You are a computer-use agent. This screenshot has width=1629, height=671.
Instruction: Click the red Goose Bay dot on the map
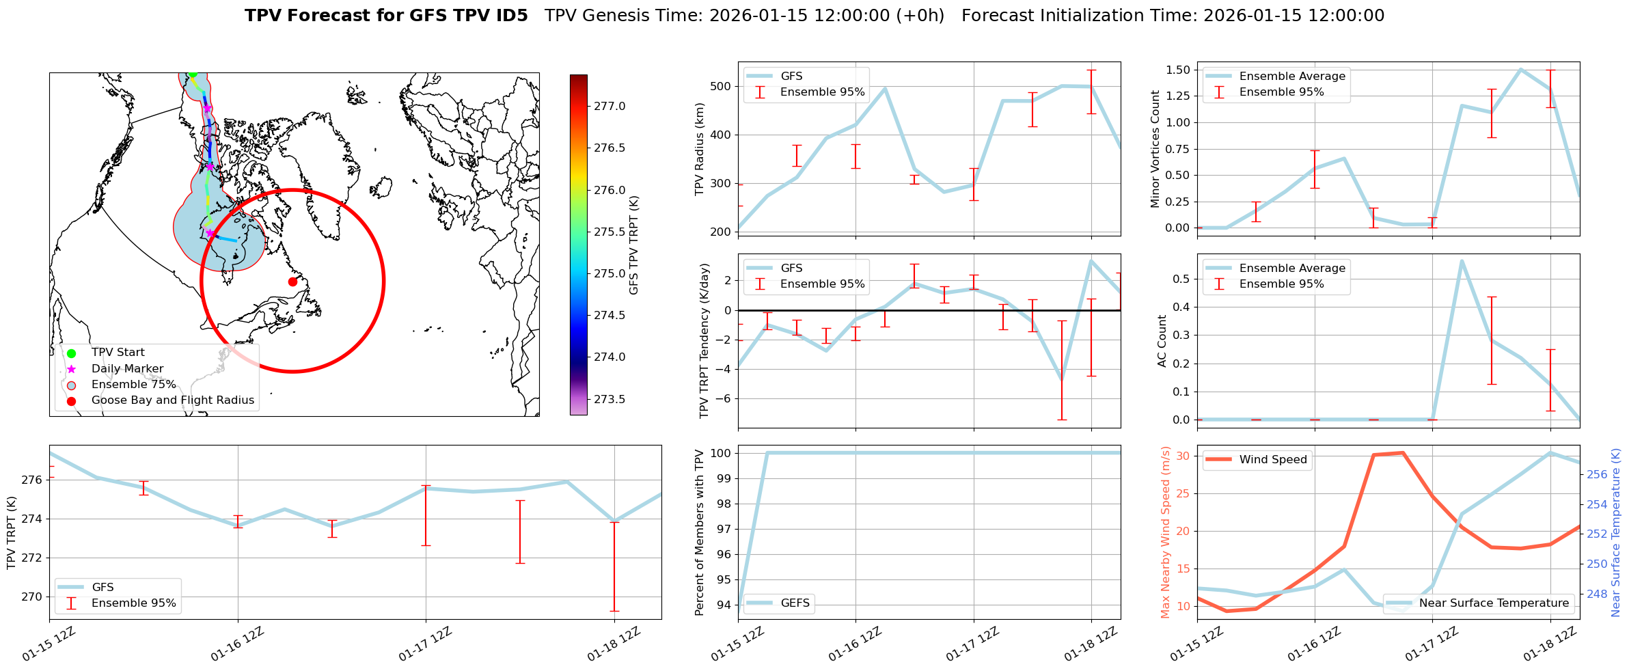pos(292,282)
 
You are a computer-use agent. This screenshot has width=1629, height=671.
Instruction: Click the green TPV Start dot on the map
pos(193,73)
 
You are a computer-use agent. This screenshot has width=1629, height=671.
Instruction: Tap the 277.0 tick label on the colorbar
pos(610,107)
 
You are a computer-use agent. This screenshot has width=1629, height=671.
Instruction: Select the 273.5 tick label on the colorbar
pos(610,399)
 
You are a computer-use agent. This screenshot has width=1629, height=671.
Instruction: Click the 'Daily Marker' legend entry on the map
pos(127,369)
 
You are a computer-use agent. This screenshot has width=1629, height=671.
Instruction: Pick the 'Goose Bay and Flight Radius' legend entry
pos(172,400)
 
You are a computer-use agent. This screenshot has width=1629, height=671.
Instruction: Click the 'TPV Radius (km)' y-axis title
pos(699,149)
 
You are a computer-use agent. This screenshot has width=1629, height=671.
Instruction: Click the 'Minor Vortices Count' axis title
pos(1155,149)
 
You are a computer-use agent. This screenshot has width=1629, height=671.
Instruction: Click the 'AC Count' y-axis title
pos(1162,341)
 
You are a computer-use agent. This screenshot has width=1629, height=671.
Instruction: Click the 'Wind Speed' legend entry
pos(1272,460)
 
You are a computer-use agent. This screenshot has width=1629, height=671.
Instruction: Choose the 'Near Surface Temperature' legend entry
pos(1494,603)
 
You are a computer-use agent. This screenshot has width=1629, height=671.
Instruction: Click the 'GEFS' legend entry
pos(795,603)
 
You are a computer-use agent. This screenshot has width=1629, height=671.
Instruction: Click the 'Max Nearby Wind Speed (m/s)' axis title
pos(1165,532)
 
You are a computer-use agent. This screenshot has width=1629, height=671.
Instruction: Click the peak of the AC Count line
pos(1462,260)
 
